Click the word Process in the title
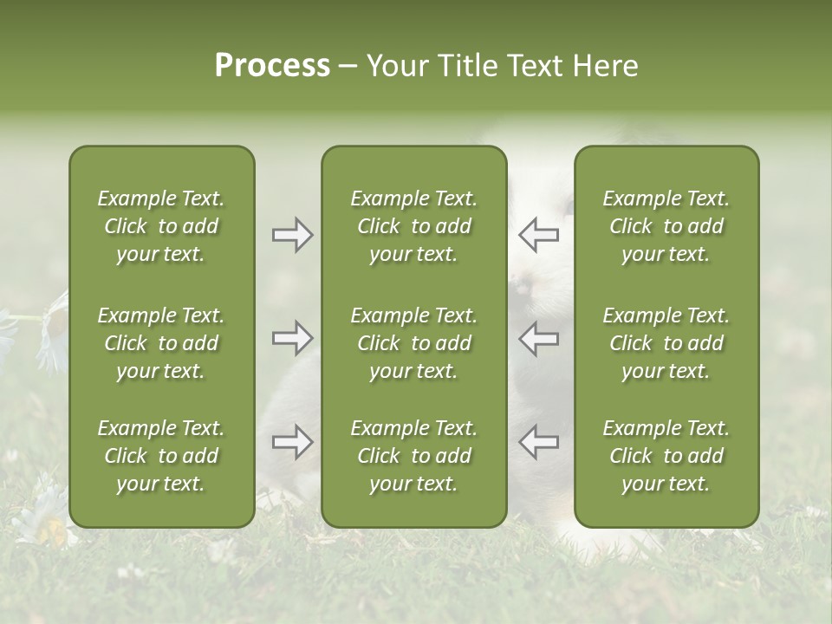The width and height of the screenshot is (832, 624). [272, 66]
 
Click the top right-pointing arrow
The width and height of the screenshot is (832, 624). [292, 235]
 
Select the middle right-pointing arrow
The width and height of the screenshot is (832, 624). [292, 338]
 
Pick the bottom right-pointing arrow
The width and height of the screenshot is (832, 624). [292, 442]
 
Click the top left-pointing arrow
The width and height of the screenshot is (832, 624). [538, 235]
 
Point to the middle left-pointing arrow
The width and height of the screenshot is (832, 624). [538, 338]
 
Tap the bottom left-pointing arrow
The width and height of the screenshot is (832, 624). [538, 442]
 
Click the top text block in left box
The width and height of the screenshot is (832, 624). [161, 226]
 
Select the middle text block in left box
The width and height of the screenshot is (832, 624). [161, 343]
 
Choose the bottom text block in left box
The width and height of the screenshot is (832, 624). [161, 456]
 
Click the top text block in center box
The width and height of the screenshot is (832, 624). [413, 226]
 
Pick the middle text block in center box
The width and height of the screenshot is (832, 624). [413, 343]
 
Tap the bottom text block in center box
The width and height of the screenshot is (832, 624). [413, 456]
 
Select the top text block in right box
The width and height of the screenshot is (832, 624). [666, 226]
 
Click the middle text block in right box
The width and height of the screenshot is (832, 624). [666, 343]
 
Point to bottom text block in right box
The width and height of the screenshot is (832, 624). [666, 456]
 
